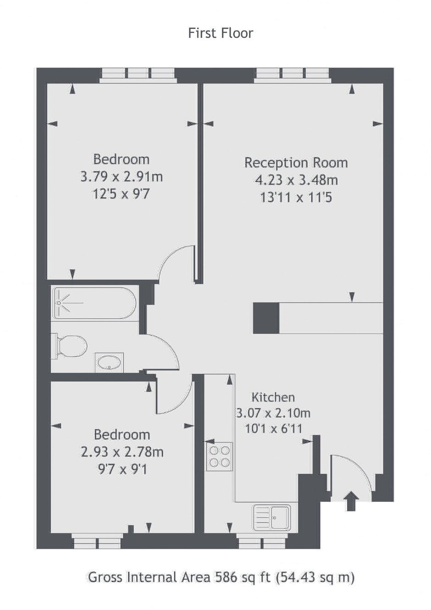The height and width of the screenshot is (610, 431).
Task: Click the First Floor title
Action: click(221, 33)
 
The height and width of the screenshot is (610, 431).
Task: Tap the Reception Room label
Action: click(296, 163)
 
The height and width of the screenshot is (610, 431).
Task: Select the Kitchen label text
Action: click(273, 397)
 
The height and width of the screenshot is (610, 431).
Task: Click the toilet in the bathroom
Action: click(71, 347)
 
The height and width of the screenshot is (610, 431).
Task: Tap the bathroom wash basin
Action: click(109, 362)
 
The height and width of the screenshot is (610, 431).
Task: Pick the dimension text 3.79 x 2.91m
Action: click(122, 177)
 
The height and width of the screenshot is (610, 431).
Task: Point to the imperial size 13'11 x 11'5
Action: click(296, 198)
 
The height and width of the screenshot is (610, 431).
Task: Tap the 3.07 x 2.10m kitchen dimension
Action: click(273, 413)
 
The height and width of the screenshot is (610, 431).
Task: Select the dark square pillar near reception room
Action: click(266, 318)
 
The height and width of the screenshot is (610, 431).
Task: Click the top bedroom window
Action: click(138, 75)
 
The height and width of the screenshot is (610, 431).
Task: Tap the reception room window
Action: click(293, 75)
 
